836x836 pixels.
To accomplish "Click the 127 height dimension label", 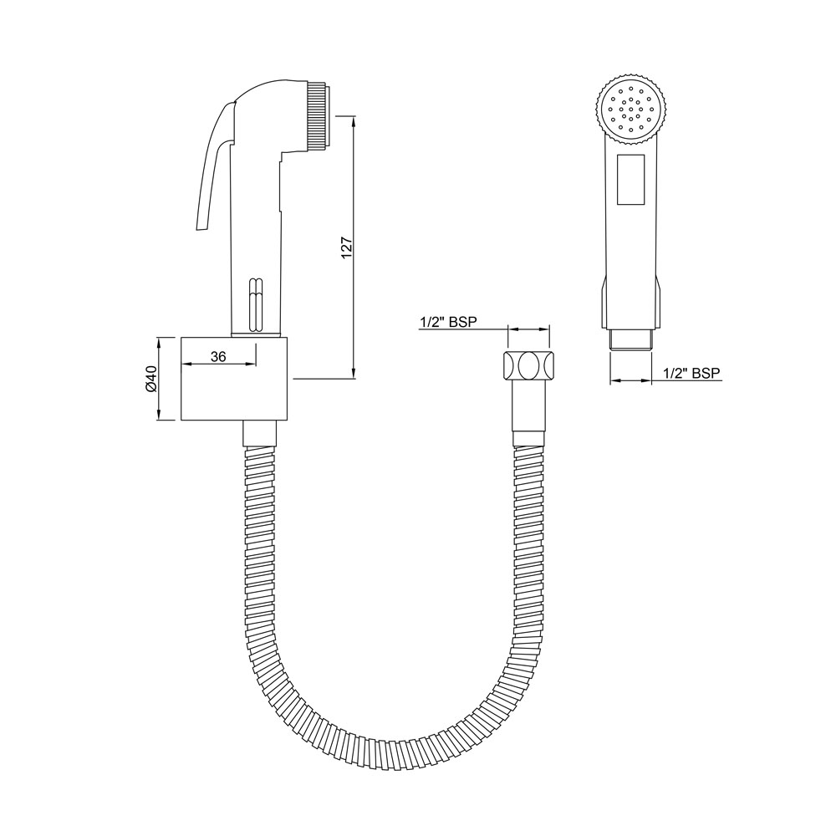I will click(x=348, y=248).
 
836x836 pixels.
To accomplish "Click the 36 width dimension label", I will click(x=218, y=356).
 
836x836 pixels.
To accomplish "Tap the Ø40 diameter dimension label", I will click(x=151, y=379).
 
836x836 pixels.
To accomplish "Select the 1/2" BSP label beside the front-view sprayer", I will click(x=691, y=374).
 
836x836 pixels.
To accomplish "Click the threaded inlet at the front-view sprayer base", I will click(x=632, y=339).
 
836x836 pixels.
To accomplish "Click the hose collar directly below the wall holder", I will click(x=259, y=433).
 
